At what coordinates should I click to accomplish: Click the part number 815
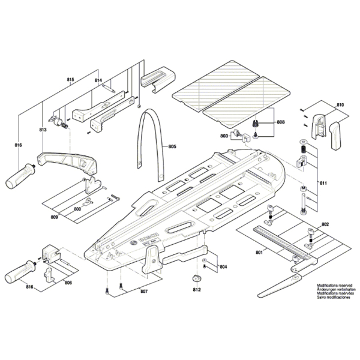70,80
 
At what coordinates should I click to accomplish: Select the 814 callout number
98,80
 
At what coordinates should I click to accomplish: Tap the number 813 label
43,130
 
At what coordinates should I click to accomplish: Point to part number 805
172,147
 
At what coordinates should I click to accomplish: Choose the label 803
224,137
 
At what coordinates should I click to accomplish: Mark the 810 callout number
341,106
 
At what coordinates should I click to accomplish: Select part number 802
325,224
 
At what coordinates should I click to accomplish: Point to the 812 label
196,290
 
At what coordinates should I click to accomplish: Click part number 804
223,266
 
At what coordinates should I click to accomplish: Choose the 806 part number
68,282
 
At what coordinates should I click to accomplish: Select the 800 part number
77,209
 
